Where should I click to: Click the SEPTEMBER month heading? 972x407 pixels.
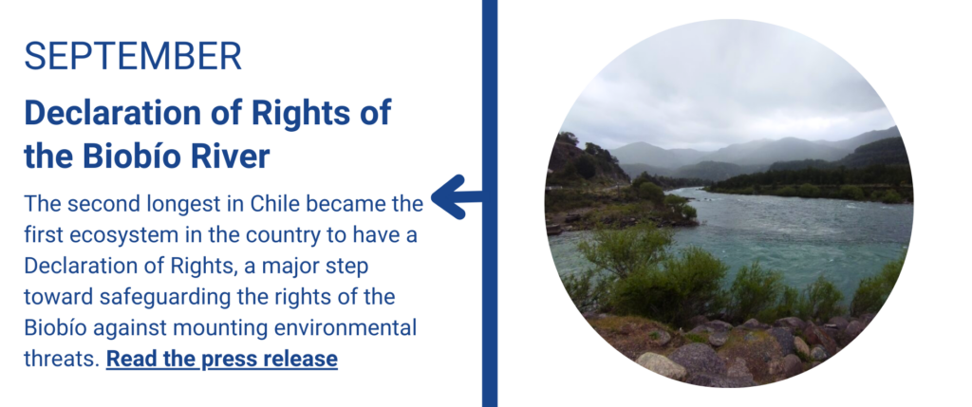click(x=133, y=56)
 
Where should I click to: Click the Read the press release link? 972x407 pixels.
click(x=222, y=359)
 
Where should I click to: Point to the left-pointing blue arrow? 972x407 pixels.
click(x=457, y=197)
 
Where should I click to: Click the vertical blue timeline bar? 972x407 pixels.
click(x=490, y=203)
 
